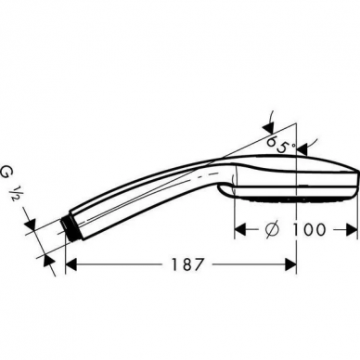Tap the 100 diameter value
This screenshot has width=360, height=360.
pos(309,229)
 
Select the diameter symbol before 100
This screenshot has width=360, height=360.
pos(273,229)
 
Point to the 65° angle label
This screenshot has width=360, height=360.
pos(280,145)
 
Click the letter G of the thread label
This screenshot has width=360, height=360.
pos(6,173)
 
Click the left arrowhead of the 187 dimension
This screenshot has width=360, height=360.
pos(71,264)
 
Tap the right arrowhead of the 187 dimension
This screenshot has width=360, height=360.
pos(290,264)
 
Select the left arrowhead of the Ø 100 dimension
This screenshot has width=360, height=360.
pos(240,230)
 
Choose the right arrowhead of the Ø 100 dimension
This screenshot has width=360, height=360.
pos(351,230)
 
